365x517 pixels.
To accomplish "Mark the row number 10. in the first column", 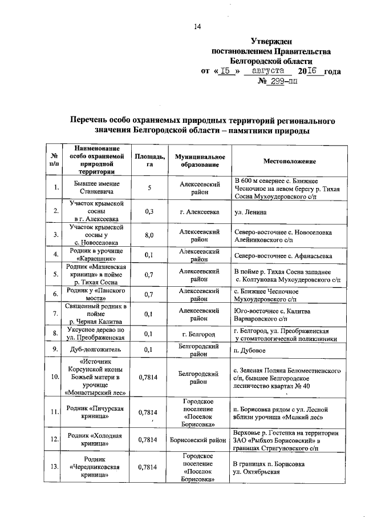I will (x=55, y=377).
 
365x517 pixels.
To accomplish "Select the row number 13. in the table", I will (x=55, y=467).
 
